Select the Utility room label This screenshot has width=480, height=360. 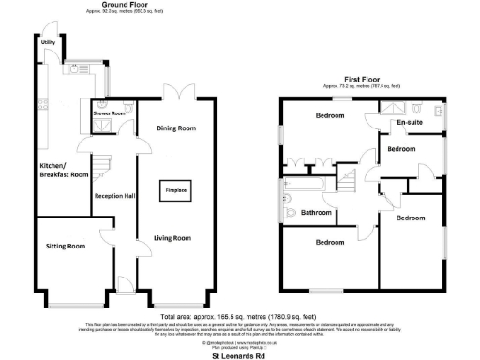click(x=47, y=43)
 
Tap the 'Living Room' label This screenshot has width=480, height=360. click(x=172, y=238)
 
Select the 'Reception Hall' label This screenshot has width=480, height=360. click(x=112, y=196)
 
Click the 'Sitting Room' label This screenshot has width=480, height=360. click(x=65, y=246)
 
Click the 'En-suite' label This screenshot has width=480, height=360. click(x=410, y=122)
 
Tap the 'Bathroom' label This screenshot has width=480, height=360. click(x=316, y=213)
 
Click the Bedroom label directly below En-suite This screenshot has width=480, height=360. click(x=402, y=149)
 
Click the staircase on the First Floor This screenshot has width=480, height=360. click(x=352, y=174)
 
